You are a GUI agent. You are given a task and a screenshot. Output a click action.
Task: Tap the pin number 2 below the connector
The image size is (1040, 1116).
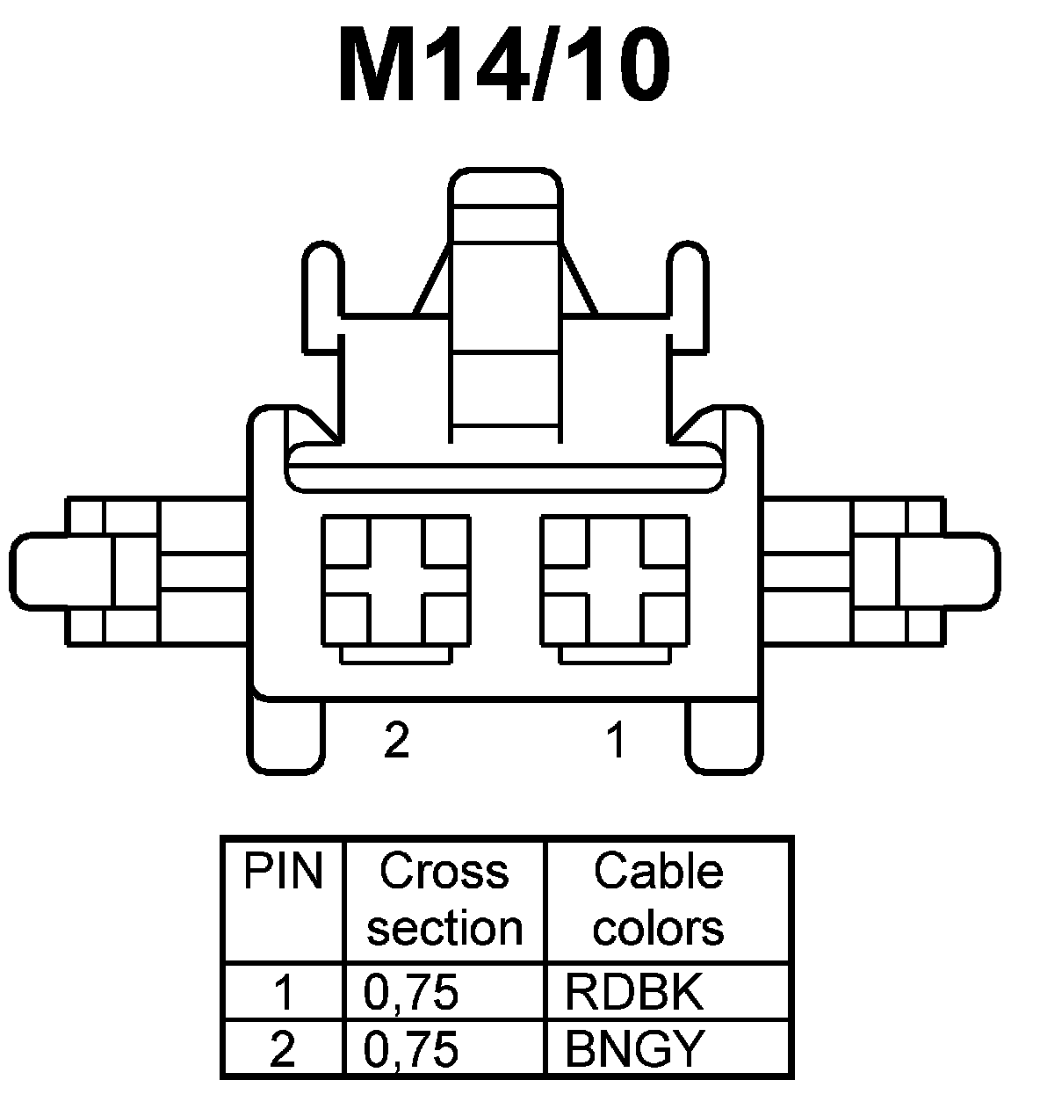[x=397, y=740]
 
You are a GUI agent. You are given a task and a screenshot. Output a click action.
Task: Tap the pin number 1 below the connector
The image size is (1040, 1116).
[x=617, y=740]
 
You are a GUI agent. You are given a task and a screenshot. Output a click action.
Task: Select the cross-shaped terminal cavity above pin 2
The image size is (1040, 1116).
[x=395, y=581]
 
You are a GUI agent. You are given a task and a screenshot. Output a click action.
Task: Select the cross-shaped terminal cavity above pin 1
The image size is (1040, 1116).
[x=616, y=581]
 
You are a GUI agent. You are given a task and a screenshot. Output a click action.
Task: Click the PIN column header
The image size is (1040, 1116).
[x=283, y=873]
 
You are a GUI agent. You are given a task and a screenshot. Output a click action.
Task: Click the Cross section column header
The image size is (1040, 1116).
[x=444, y=900]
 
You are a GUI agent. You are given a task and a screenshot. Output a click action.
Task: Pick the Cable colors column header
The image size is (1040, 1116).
[x=659, y=900]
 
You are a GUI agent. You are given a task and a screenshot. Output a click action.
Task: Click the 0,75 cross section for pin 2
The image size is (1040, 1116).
[x=411, y=1048]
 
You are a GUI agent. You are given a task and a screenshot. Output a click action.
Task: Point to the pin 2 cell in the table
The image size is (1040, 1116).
[x=283, y=1048]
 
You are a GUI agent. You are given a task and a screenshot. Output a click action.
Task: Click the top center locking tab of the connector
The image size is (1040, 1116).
[x=505, y=198]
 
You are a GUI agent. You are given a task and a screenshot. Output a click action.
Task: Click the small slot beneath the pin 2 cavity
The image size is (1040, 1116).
[x=395, y=655]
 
